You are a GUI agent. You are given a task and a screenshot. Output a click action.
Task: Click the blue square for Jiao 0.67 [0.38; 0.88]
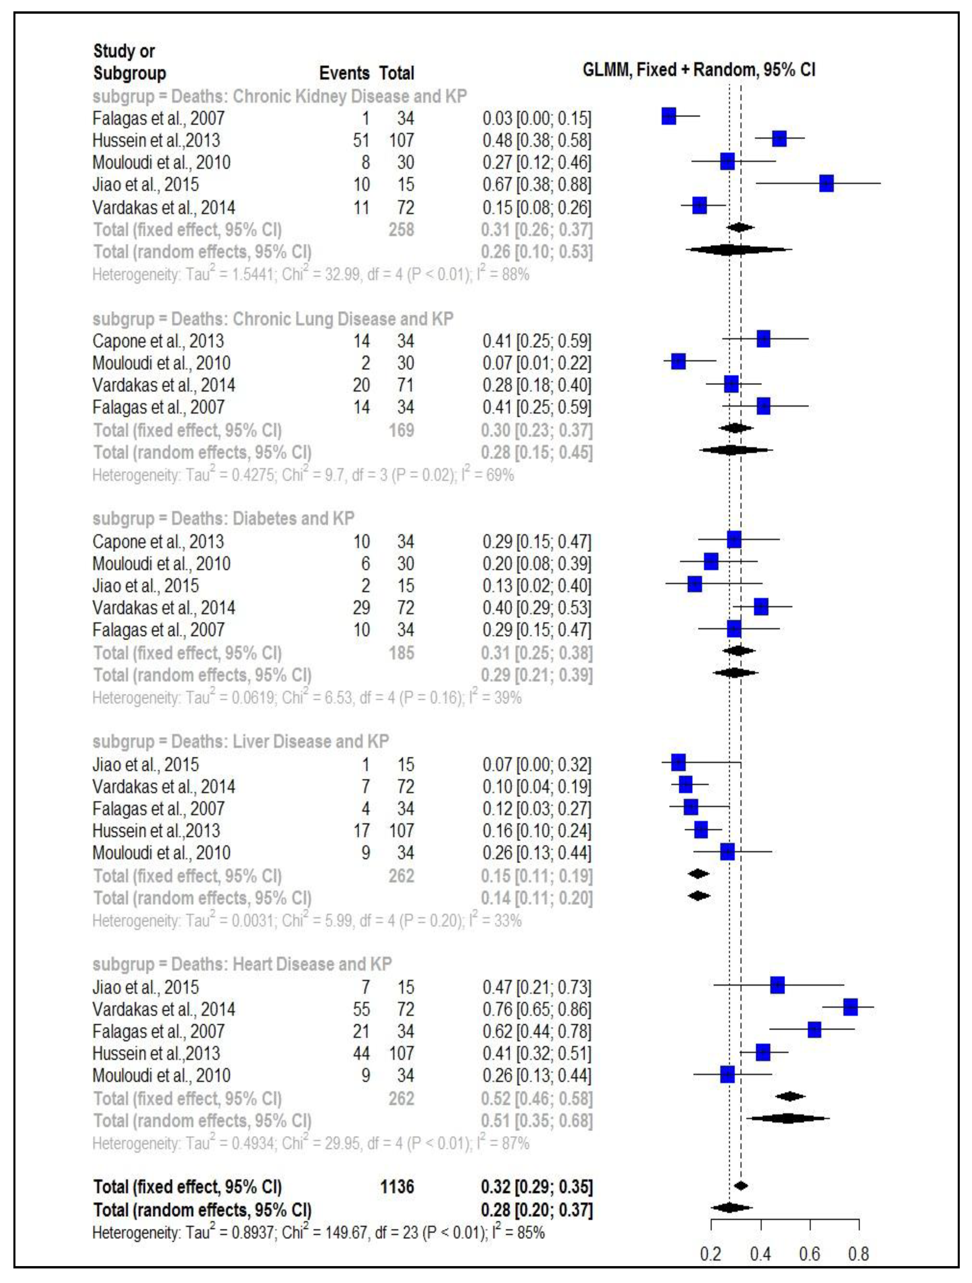point(826,184)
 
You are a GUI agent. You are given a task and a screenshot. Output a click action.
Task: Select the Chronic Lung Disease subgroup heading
point(273,319)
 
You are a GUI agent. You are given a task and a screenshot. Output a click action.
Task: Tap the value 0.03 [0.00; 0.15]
point(537,118)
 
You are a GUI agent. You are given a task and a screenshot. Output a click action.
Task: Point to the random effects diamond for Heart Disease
point(788,1118)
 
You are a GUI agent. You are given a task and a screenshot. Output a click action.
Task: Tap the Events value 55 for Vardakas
point(361,1009)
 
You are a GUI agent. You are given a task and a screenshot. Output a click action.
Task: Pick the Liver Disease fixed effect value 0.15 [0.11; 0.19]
point(537,876)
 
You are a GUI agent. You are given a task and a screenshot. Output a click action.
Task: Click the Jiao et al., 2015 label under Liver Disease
point(146,765)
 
